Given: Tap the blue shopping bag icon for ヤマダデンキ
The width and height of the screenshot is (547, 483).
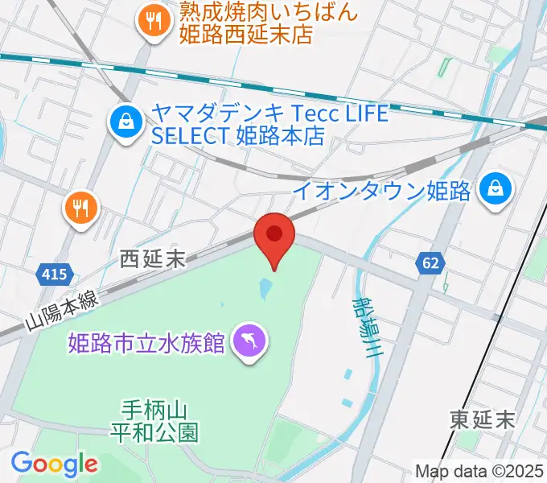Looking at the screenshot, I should [126, 123].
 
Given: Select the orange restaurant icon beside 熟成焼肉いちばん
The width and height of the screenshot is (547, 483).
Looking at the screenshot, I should [151, 21].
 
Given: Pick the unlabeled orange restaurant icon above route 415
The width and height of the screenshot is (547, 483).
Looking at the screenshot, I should [80, 210].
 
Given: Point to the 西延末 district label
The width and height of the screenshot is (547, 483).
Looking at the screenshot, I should [152, 258].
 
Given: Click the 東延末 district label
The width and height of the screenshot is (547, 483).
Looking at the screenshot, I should [482, 419].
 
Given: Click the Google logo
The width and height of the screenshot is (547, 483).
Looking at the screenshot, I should [54, 464].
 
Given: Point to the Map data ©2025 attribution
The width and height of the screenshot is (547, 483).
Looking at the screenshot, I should [479, 471].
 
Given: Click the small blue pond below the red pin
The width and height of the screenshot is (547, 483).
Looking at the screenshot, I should [265, 287].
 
